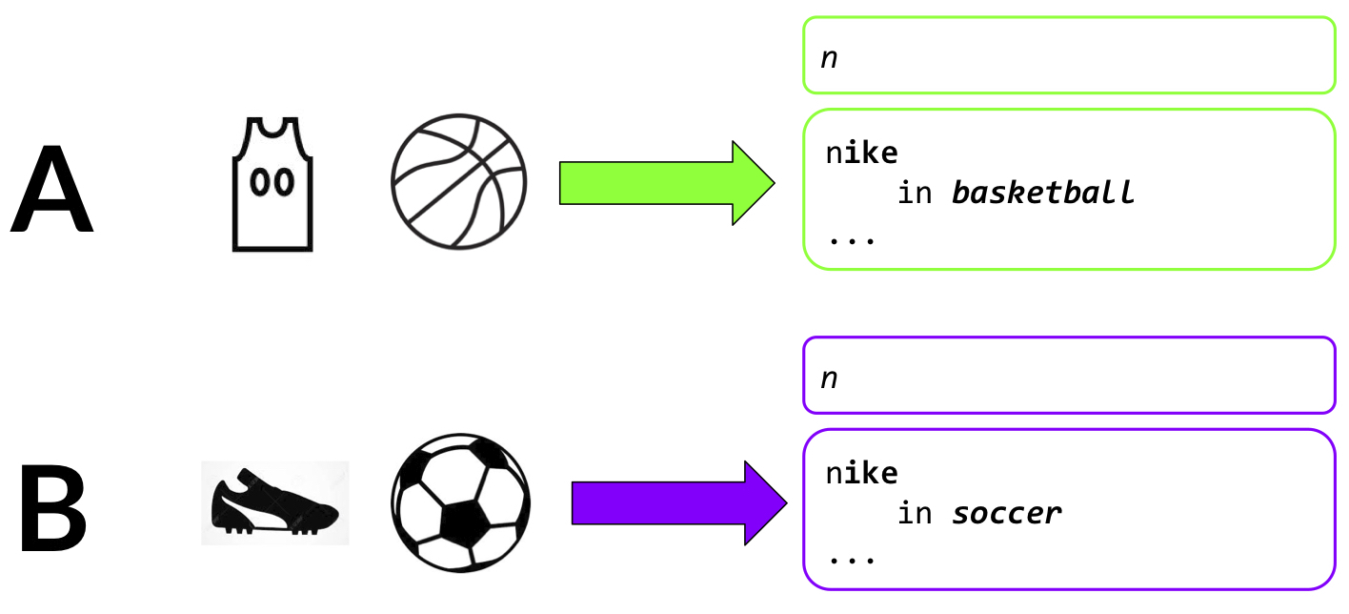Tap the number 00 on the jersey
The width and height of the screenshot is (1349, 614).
point(272,181)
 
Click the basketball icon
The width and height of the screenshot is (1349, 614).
point(459,182)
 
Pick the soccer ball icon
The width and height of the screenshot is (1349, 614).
point(460,503)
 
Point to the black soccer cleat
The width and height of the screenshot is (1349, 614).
point(274,503)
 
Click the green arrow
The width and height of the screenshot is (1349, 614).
point(666,183)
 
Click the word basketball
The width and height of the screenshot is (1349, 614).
point(1043,194)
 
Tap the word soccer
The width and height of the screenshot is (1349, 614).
point(1006,514)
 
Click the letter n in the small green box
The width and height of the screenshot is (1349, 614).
point(829,57)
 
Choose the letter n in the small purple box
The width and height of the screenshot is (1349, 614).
point(829,378)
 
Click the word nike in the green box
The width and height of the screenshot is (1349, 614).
point(862,153)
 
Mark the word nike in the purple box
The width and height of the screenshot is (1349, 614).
point(862,473)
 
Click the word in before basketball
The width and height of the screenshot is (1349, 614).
point(916,194)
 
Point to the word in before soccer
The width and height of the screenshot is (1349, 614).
point(916,514)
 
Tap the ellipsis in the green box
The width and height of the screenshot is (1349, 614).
point(851,239)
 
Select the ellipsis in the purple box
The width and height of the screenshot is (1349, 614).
point(851,560)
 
